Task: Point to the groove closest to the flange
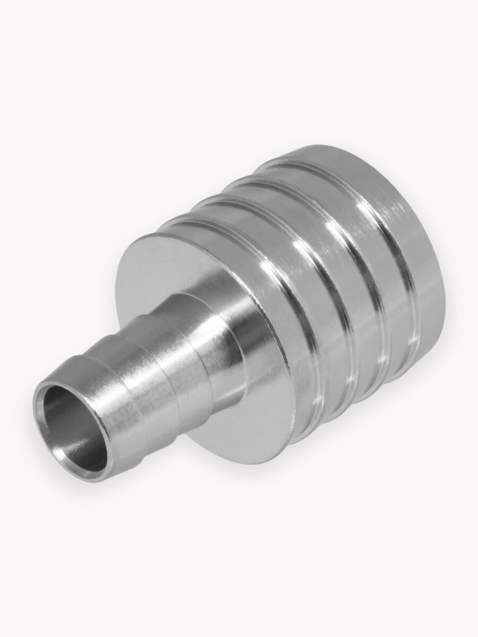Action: [x=287, y=297]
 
